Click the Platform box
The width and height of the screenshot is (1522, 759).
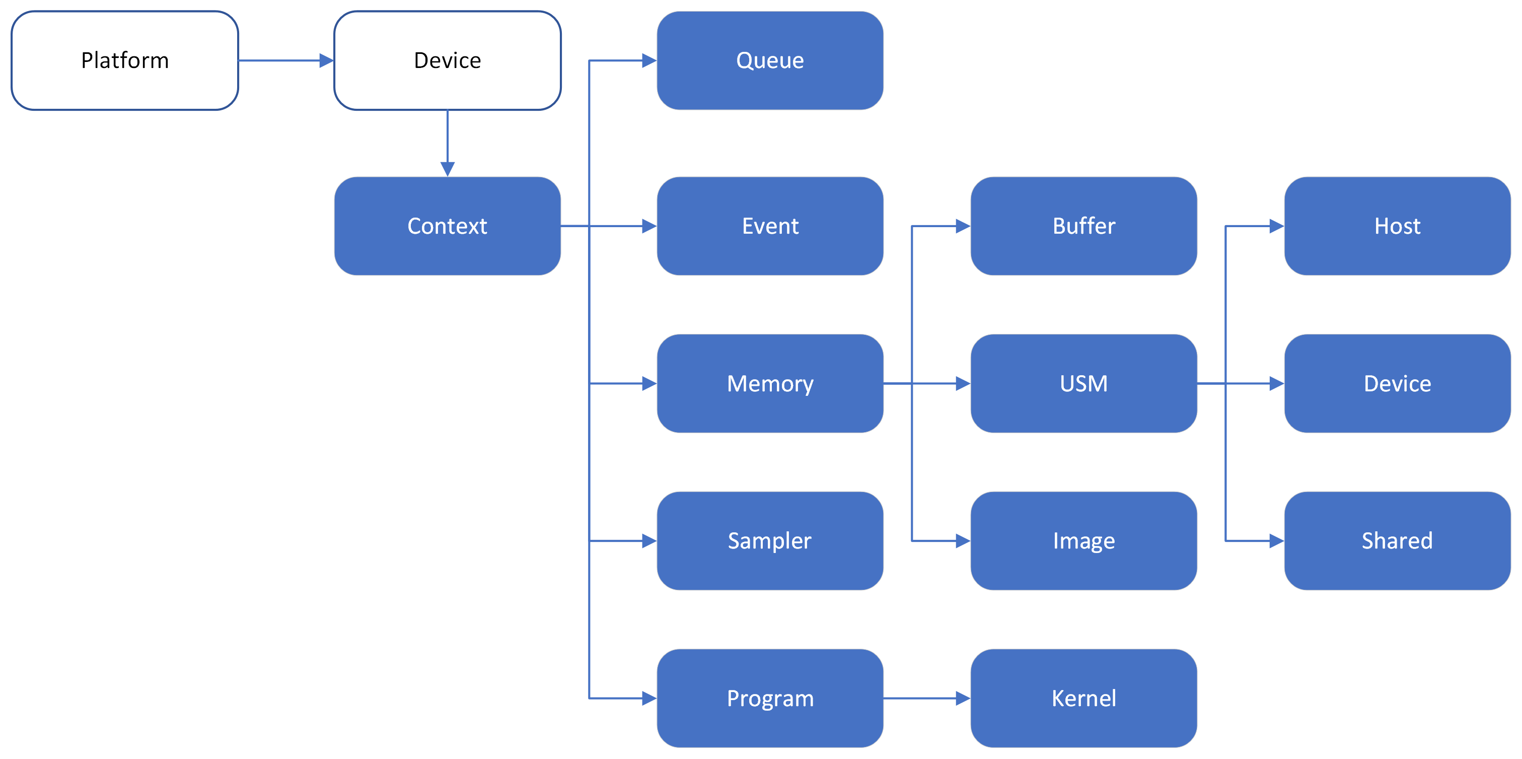click(x=125, y=60)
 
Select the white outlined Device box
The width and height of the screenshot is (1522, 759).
click(x=447, y=60)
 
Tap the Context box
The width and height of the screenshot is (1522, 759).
click(x=447, y=226)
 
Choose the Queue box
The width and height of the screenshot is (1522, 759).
click(x=770, y=60)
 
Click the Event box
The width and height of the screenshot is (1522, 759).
click(x=770, y=226)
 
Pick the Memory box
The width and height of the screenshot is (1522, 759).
click(x=770, y=384)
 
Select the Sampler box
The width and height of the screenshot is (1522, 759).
click(x=770, y=541)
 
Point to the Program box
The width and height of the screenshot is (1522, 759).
click(x=770, y=698)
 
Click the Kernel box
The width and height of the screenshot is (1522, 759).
click(x=1083, y=698)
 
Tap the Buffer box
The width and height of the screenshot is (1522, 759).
click(x=1083, y=226)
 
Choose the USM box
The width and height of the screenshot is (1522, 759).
click(x=1083, y=384)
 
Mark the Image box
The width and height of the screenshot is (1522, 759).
click(x=1083, y=541)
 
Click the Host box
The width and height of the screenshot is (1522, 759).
click(x=1397, y=226)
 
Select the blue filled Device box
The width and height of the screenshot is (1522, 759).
click(x=1397, y=384)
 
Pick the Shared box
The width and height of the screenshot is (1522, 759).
click(x=1397, y=541)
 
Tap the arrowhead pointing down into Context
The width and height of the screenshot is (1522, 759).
click(x=447, y=169)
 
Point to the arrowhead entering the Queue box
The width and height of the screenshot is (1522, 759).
click(x=649, y=60)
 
